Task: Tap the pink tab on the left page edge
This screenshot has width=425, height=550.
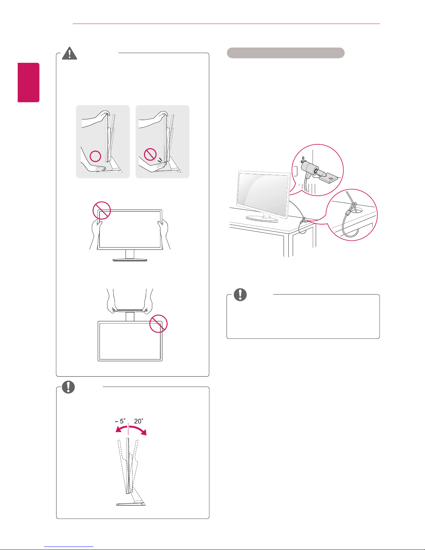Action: pos(29,83)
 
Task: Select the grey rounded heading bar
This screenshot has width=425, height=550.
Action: pos(285,53)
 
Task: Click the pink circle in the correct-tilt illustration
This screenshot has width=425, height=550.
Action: pos(95,156)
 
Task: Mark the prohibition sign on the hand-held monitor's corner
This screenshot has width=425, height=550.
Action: pos(102,210)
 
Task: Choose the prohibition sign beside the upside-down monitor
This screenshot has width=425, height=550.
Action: pos(158,324)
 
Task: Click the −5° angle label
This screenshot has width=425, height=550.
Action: pos(120,421)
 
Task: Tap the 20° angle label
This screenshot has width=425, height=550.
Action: pos(138,421)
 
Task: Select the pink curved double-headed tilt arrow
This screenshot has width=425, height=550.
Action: pos(131,430)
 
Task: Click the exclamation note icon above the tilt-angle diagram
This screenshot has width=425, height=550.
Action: pos(68,387)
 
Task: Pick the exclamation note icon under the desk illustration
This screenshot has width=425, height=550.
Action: pos(240,294)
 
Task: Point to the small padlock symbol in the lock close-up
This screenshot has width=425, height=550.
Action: pos(303,158)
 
